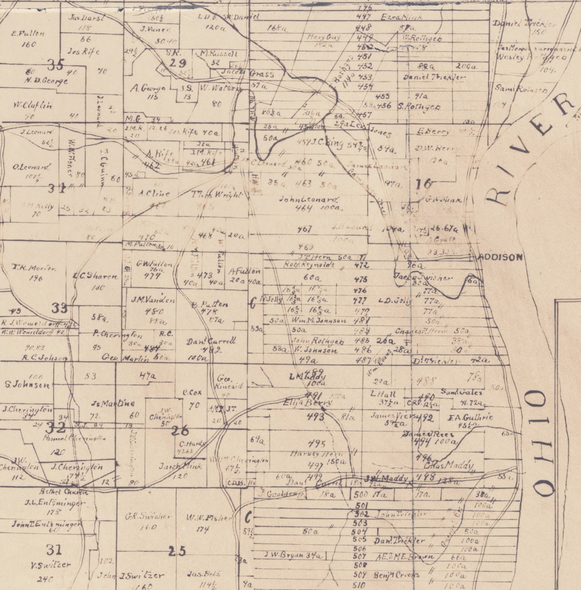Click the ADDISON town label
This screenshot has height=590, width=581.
[501, 257]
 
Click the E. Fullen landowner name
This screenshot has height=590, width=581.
[28, 33]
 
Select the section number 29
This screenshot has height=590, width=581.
[178, 63]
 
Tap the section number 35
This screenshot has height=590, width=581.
[56, 65]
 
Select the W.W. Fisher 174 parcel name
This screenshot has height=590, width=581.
[209, 518]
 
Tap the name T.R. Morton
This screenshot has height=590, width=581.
[34, 268]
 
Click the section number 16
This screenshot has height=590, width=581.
[424, 184]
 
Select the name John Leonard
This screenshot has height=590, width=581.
[308, 200]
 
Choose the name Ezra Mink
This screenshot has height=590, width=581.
[401, 17]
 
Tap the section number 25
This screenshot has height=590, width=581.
[177, 551]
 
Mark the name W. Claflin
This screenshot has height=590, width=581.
[33, 105]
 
